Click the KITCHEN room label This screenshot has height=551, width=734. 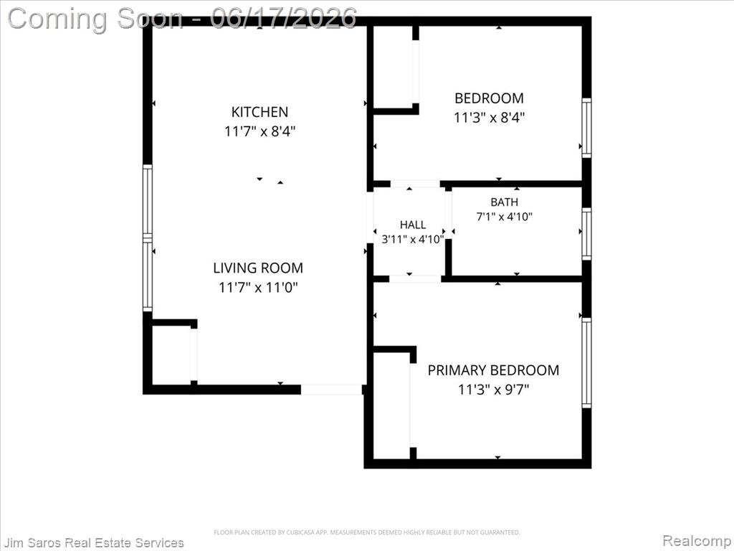pos(259,112)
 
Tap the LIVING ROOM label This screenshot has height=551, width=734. pos(258,268)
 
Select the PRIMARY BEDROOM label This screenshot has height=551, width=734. pos(493,370)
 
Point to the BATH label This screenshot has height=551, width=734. pos(504,202)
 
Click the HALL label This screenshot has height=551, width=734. pos(413,225)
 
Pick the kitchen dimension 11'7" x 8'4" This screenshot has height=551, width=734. pos(259,131)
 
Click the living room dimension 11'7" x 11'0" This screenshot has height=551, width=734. pos(258,287)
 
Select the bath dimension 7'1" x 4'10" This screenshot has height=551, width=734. pos(504,217)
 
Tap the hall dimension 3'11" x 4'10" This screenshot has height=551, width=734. pos(413,240)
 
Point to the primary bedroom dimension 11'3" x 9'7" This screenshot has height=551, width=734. pos(493,390)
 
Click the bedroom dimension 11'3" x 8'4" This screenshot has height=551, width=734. pos(489,117)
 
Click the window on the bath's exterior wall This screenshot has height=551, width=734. pos(586,233)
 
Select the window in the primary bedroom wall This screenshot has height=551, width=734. pos(586,362)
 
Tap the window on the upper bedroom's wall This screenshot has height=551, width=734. pos(586,128)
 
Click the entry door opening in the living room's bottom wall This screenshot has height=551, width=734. pos(331,390)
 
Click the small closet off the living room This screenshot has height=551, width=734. pos(171,355)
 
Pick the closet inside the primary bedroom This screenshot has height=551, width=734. pos(392,406)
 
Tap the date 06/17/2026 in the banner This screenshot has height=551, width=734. pos(283,18)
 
